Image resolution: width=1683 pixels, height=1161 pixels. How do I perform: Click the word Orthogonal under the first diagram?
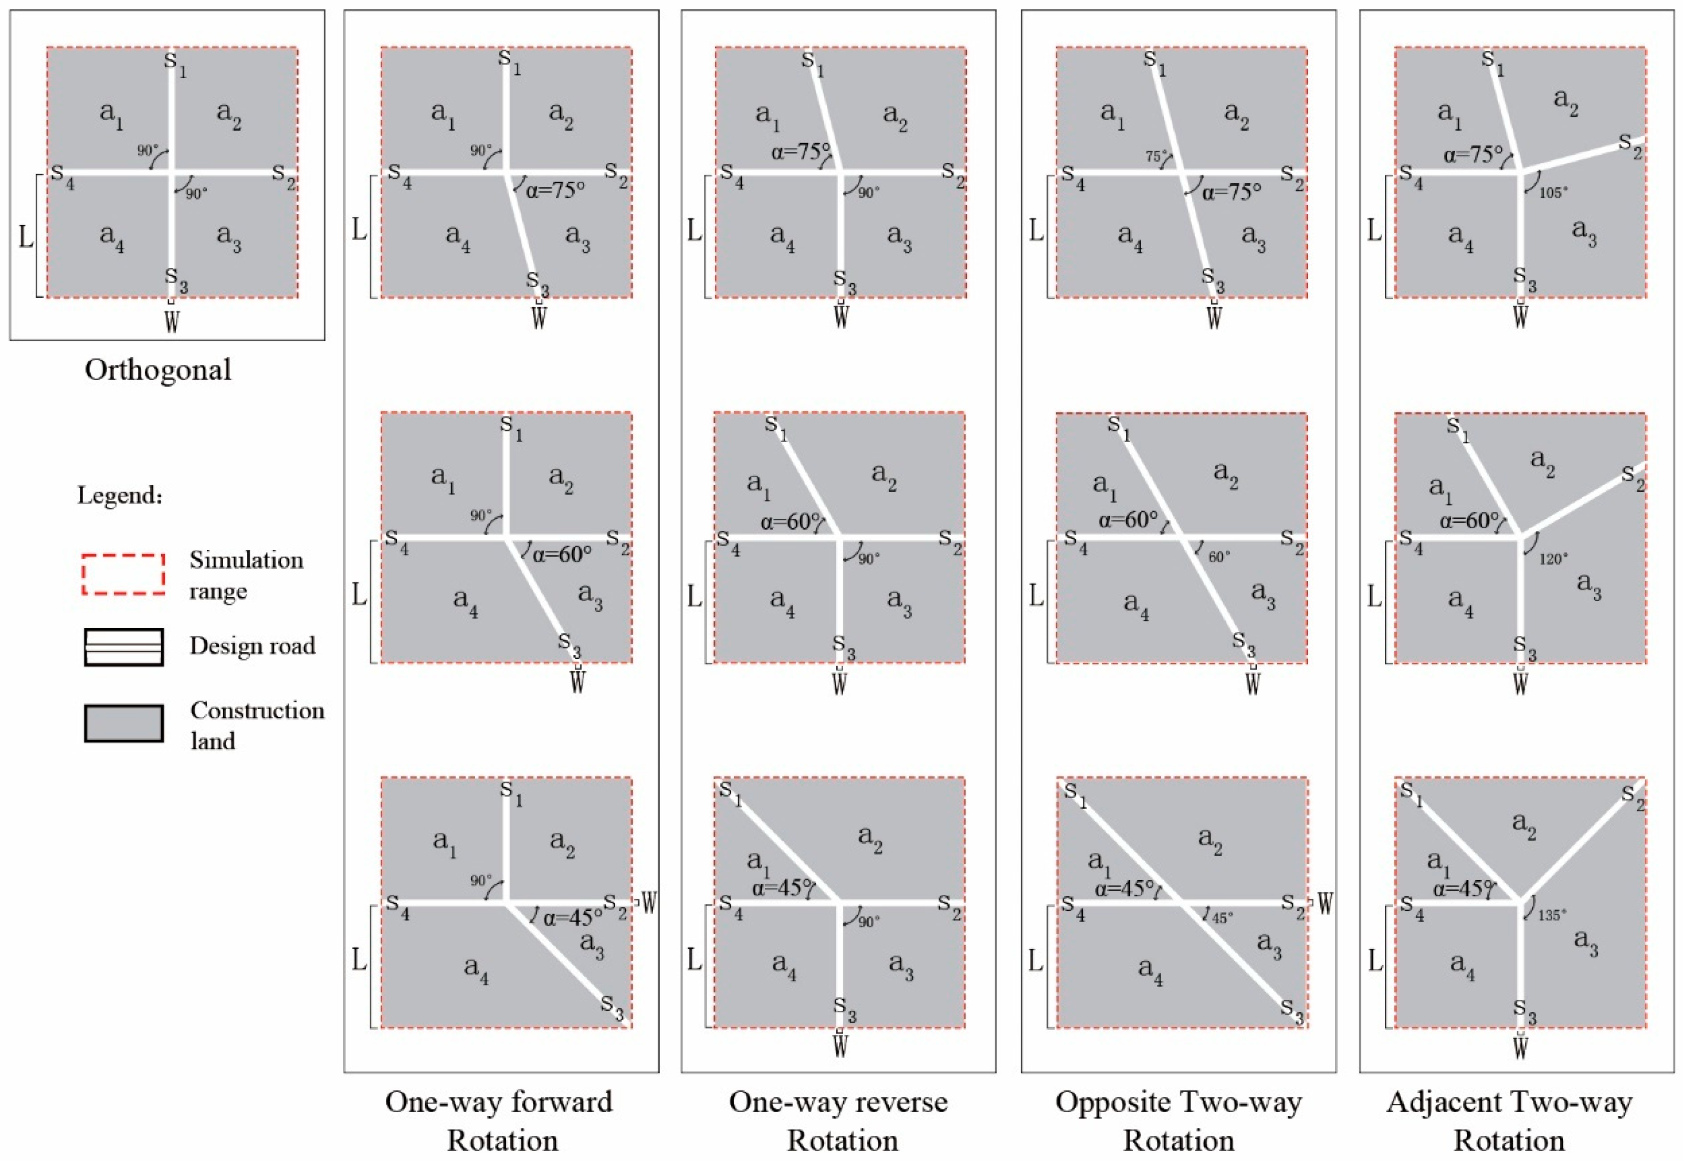tap(158, 370)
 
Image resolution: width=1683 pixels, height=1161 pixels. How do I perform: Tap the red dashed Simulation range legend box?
tap(123, 574)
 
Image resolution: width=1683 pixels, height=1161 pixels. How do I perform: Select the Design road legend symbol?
tap(123, 647)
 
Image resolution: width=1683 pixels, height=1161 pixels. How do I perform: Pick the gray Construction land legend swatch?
tap(123, 723)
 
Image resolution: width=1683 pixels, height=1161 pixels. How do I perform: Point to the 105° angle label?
tap(1553, 193)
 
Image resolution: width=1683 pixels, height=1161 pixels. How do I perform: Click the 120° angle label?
tap(1553, 559)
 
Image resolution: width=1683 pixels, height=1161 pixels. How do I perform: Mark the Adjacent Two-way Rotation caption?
tap(1509, 1120)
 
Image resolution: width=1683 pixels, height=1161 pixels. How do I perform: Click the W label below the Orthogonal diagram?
tap(171, 321)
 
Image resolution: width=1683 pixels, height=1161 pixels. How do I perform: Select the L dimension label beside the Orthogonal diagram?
tap(25, 237)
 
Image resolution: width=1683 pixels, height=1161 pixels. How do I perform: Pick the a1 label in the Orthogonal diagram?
tap(111, 114)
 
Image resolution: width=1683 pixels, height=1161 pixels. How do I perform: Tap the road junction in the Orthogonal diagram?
tap(172, 172)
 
